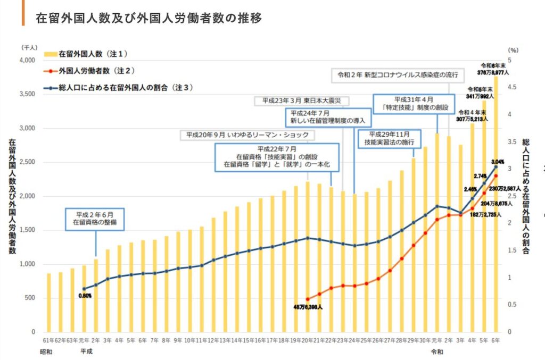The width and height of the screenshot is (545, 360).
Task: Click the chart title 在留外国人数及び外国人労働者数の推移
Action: [148, 18]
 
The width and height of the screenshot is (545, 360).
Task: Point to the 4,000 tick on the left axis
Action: [26, 60]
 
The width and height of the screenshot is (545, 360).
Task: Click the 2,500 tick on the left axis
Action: [26, 162]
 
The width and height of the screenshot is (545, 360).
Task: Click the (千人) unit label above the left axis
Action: [29, 47]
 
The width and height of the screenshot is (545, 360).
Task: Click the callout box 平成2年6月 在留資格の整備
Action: [95, 219]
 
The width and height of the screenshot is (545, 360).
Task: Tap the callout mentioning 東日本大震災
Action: [301, 100]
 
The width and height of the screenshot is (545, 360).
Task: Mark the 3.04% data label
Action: [497, 162]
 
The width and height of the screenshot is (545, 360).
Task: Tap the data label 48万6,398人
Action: [308, 307]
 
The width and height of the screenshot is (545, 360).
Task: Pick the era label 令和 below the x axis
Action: [436, 351]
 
